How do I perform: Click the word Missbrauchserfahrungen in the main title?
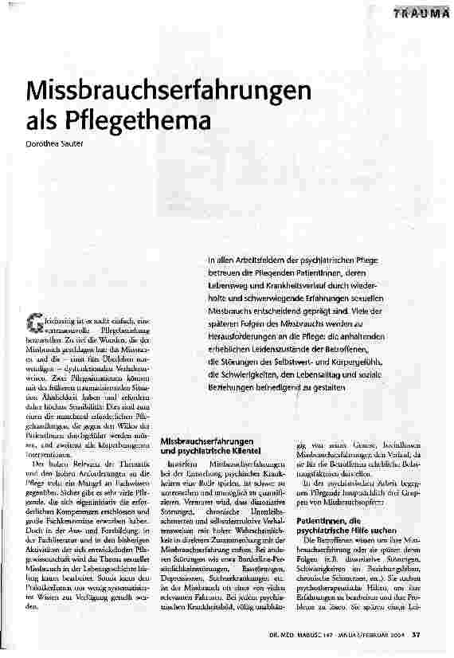pyautogui.click(x=158, y=90)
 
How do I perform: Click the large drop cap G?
pyautogui.click(x=34, y=321)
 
